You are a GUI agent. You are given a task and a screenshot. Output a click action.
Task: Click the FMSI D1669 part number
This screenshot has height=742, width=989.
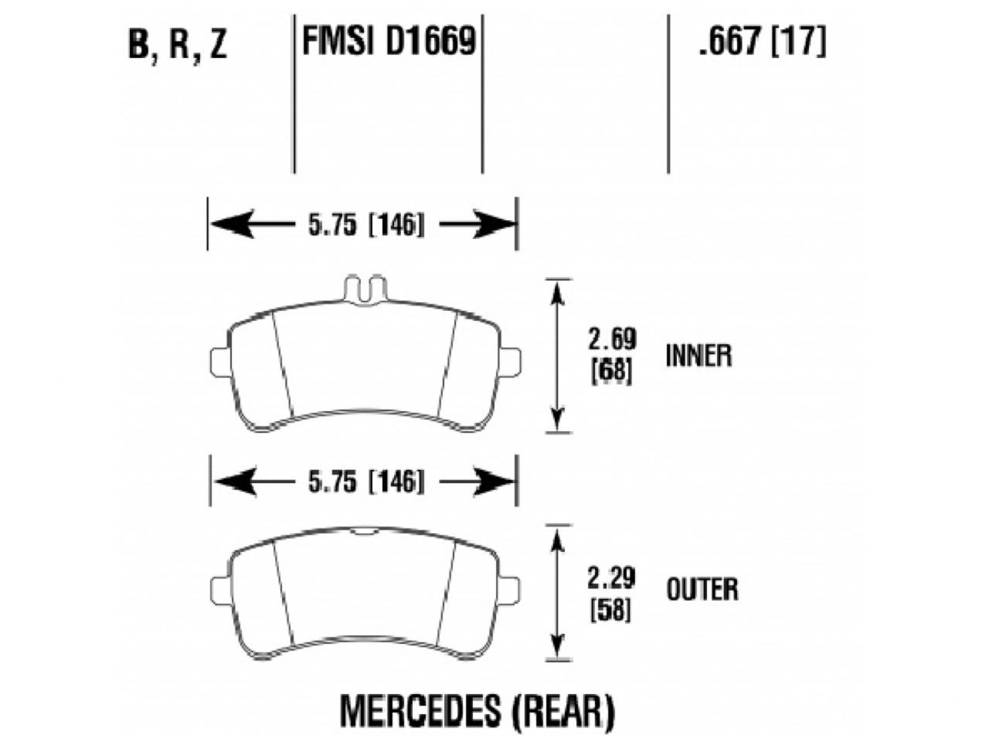click(x=388, y=42)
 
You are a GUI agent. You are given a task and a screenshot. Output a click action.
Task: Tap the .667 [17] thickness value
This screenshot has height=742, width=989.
click(x=762, y=42)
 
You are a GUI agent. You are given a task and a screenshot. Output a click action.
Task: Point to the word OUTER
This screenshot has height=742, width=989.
click(x=701, y=590)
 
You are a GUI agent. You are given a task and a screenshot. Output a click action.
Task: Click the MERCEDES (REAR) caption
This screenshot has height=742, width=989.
click(x=479, y=708)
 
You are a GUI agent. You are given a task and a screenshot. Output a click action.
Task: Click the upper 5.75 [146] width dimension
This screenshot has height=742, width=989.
click(x=362, y=225)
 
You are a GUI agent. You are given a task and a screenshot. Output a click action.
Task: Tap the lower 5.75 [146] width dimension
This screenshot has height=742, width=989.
click(x=362, y=482)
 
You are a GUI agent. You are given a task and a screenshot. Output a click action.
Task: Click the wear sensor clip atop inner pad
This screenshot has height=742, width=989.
click(x=362, y=288)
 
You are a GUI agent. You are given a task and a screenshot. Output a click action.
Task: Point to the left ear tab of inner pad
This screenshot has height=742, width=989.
click(x=219, y=361)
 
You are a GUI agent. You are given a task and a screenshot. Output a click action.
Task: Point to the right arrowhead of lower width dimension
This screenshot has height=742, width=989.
click(x=494, y=482)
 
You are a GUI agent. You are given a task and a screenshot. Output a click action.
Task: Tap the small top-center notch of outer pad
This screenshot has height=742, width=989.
click(x=362, y=532)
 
